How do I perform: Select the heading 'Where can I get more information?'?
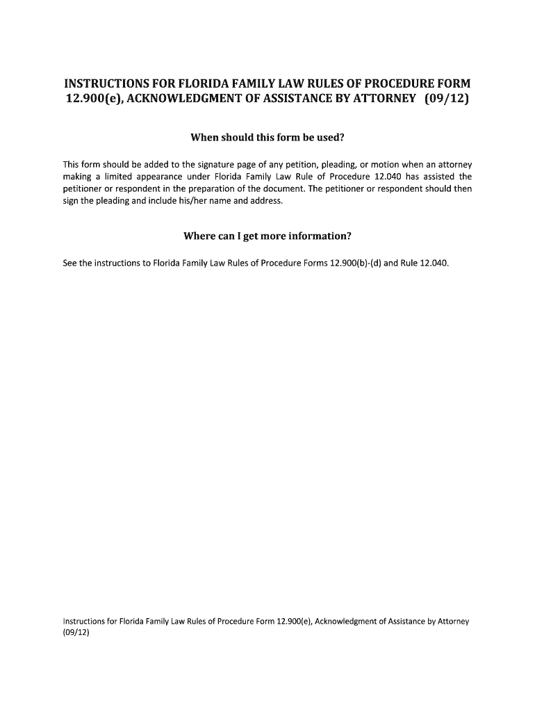click(267, 236)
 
